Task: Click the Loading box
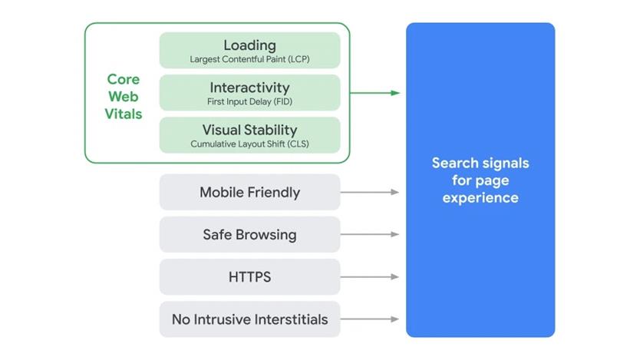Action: coord(249,50)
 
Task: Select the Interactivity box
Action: coord(249,92)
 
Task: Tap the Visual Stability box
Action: coord(249,134)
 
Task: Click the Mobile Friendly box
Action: coord(249,192)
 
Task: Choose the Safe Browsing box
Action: coord(249,234)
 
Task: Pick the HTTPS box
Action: coord(249,276)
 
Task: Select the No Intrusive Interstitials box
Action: coord(249,319)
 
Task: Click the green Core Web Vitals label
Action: coord(124,97)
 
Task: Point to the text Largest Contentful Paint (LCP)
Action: coord(249,59)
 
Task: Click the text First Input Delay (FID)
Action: coord(249,101)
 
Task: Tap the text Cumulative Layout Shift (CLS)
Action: coord(249,144)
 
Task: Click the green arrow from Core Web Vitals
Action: coord(375,93)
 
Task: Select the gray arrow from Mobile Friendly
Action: coord(371,192)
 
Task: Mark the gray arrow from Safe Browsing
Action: coord(371,234)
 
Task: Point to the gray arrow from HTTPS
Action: coord(371,276)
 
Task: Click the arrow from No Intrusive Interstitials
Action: coord(371,319)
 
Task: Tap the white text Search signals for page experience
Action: coord(480,180)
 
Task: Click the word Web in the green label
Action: coord(124,97)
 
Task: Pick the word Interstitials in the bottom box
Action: coord(288,319)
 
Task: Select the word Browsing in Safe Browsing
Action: coord(266,234)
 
